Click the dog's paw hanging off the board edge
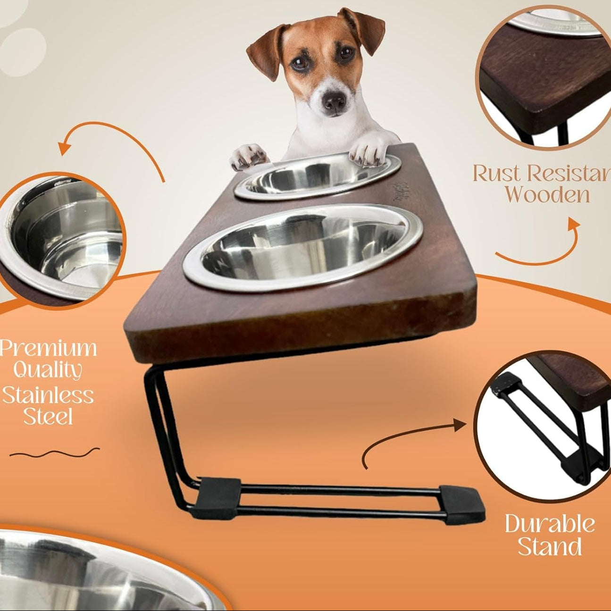point(248,156)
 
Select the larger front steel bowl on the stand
point(303,248)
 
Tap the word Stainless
point(48,394)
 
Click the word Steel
point(48,417)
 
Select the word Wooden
point(547,194)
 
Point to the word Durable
point(550,524)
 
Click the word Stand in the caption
point(550,547)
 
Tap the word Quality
point(48,371)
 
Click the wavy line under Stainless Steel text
point(54,453)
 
